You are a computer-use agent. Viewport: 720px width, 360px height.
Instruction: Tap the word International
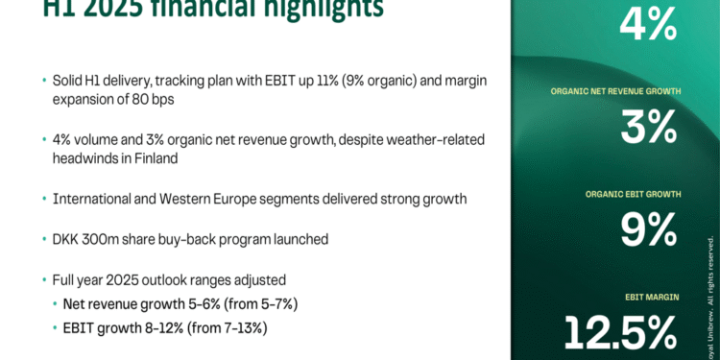click(x=92, y=198)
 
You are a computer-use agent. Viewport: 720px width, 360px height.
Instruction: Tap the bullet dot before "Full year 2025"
click(x=44, y=280)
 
